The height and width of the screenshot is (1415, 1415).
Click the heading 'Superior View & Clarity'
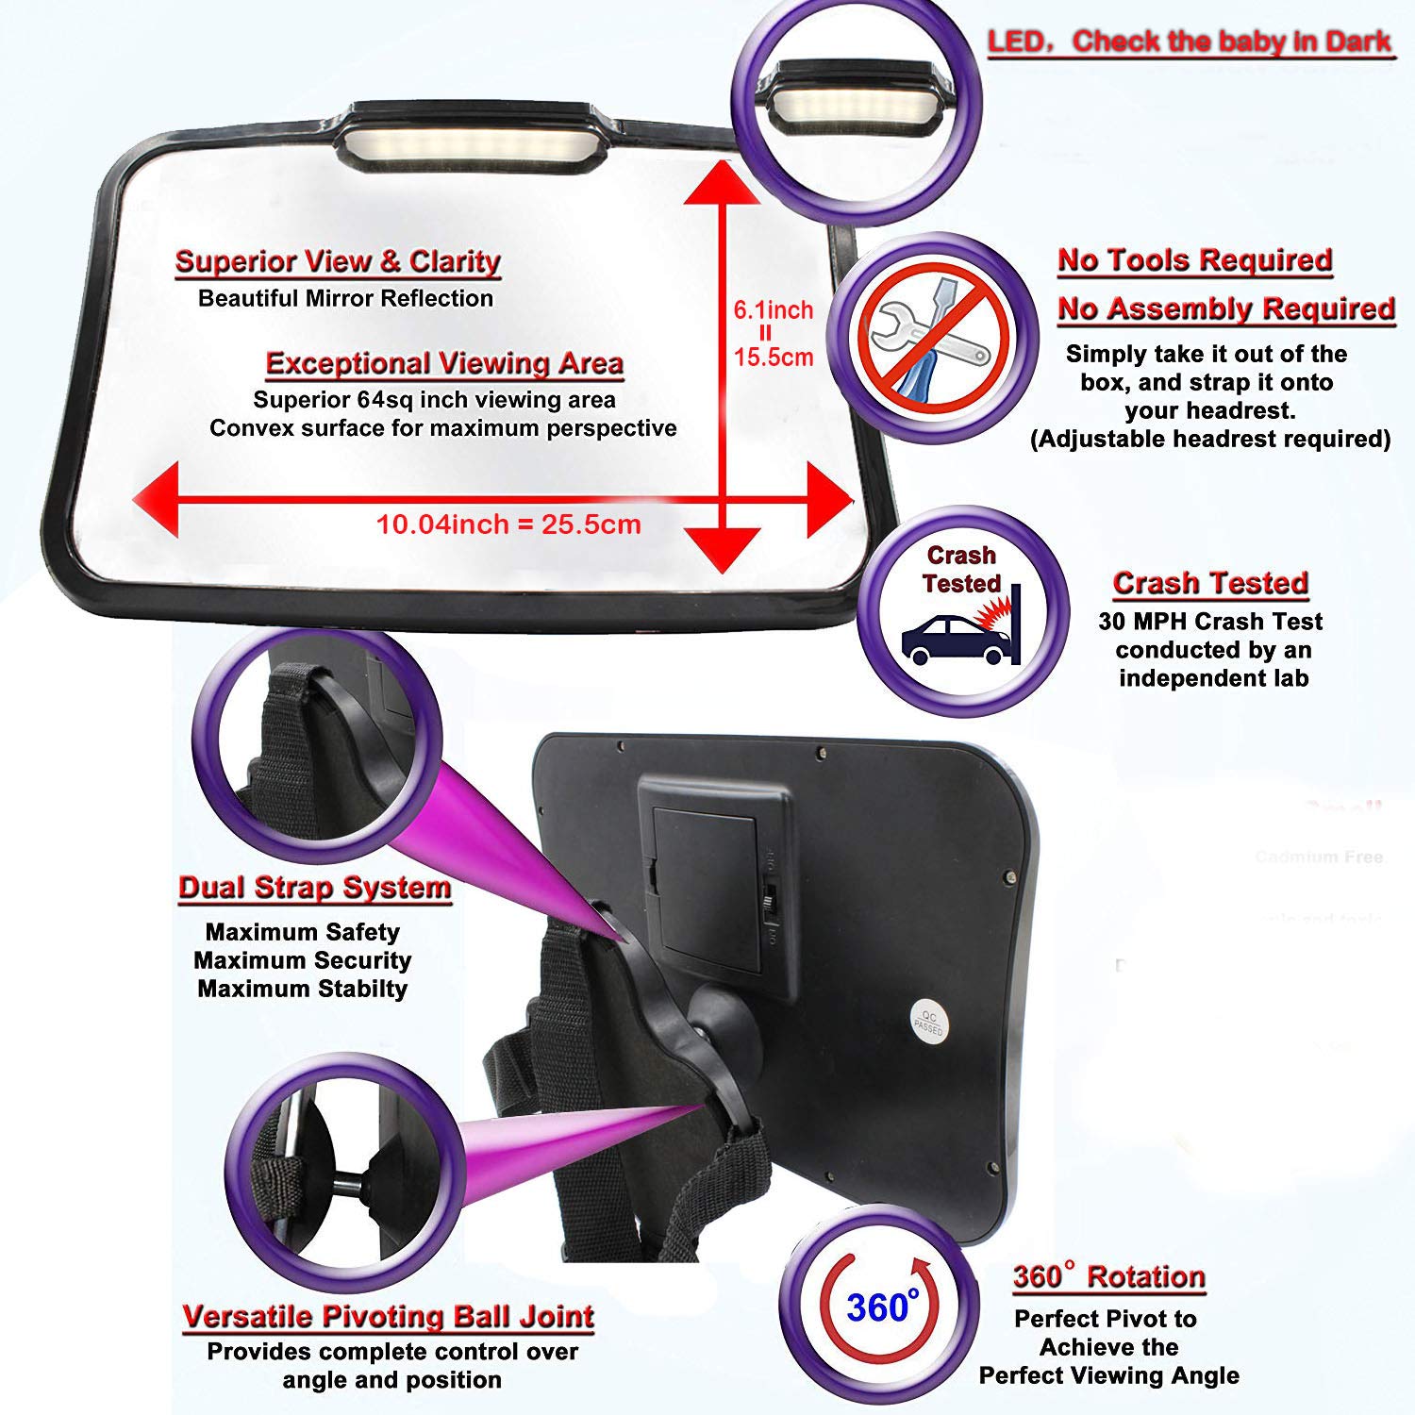tap(338, 261)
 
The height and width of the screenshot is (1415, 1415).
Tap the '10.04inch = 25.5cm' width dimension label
tap(508, 524)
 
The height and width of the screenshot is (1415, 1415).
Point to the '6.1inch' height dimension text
tap(773, 309)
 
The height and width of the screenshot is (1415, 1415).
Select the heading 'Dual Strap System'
tap(315, 888)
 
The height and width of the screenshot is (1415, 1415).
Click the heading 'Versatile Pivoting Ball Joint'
tap(388, 1316)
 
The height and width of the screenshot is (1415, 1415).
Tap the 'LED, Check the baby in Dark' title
tap(1190, 42)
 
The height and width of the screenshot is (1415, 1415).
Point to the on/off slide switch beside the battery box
tap(769, 899)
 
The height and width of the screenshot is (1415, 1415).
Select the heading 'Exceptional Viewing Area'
tap(444, 363)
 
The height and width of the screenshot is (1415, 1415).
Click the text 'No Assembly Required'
tap(1225, 308)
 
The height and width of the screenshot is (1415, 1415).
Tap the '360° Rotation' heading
tap(1108, 1276)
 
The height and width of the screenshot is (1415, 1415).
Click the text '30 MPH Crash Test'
tap(1210, 622)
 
